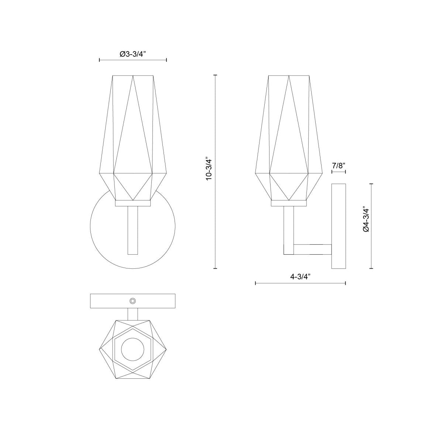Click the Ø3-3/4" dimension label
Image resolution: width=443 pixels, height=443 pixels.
coord(133,54)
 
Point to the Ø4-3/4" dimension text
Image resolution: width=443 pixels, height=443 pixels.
coord(366,219)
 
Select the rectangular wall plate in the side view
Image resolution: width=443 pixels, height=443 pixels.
coord(338,226)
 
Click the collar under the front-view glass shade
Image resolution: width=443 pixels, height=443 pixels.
coord(133,203)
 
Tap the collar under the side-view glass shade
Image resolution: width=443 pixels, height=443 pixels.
coord(288,203)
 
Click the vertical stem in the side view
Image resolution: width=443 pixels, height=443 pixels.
coord(288,229)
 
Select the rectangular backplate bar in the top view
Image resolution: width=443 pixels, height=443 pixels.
coord(107,301)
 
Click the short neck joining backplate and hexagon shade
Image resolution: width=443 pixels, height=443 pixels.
coord(133,314)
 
